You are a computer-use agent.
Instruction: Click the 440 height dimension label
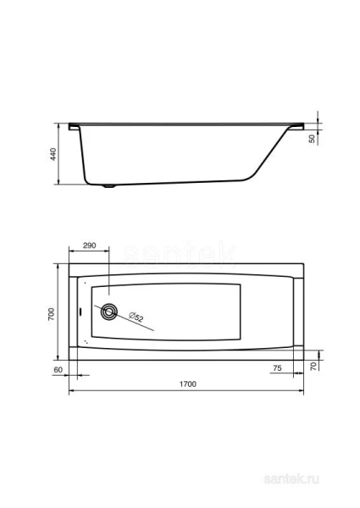[x=53, y=154]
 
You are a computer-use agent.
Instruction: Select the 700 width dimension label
[x=52, y=314]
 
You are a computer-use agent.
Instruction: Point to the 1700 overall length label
[x=187, y=385]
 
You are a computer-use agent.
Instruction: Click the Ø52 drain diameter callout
[x=136, y=317]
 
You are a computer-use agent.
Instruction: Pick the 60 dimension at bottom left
[x=58, y=369]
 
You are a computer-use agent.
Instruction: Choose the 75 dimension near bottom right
[x=277, y=369]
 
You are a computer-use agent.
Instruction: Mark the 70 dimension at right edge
[x=313, y=366]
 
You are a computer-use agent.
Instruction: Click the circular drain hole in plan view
[x=109, y=312]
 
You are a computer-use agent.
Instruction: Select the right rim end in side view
[x=298, y=126]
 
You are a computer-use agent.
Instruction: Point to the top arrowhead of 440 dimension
[x=59, y=126]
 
